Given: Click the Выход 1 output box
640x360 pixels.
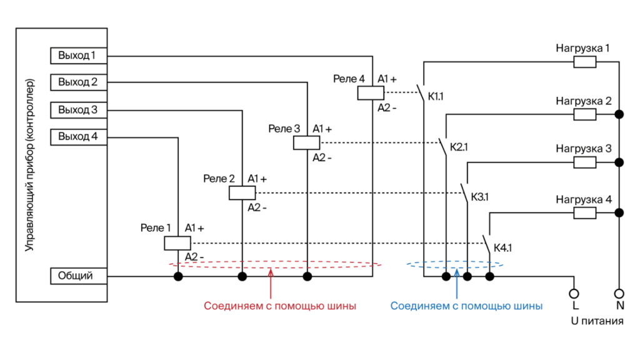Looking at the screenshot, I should click(x=78, y=56).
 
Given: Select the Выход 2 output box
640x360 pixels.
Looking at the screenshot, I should click(x=78, y=82).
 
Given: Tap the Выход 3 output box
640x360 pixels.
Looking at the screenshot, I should click(x=78, y=110).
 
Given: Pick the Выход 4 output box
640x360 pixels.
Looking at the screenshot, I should click(x=78, y=137).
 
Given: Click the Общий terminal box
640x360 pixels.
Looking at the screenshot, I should click(x=78, y=276).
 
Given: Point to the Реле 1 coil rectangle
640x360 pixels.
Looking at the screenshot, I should click(x=177, y=243).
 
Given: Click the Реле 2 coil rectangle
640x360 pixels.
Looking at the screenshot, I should click(x=242, y=193).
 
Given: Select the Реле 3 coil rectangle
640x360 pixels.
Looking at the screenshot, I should click(x=306, y=142).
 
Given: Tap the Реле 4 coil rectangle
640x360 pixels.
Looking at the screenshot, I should click(x=371, y=93).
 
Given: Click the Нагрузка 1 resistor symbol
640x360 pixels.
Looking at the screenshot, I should click(x=585, y=61).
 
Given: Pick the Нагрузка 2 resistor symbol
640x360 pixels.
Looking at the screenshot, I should click(x=585, y=114).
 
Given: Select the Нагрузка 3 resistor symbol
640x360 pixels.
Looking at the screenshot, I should click(x=585, y=162).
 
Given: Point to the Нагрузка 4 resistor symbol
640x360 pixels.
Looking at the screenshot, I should click(x=585, y=213).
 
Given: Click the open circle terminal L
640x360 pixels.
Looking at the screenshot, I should click(x=574, y=293).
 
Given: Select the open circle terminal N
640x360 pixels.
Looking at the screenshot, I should click(x=619, y=293).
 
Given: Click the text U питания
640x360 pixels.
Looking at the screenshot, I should click(x=597, y=321).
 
